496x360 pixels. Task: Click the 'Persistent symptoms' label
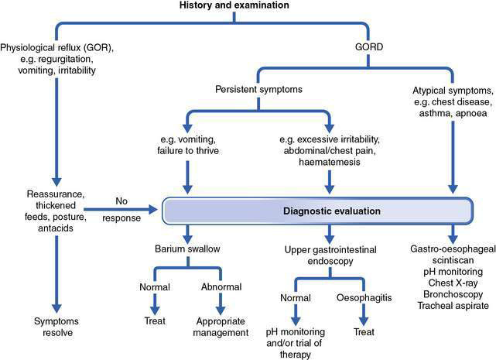click(x=258, y=89)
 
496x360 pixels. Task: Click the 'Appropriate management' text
click(x=222, y=325)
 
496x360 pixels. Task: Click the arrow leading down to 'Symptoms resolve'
click(x=54, y=271)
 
